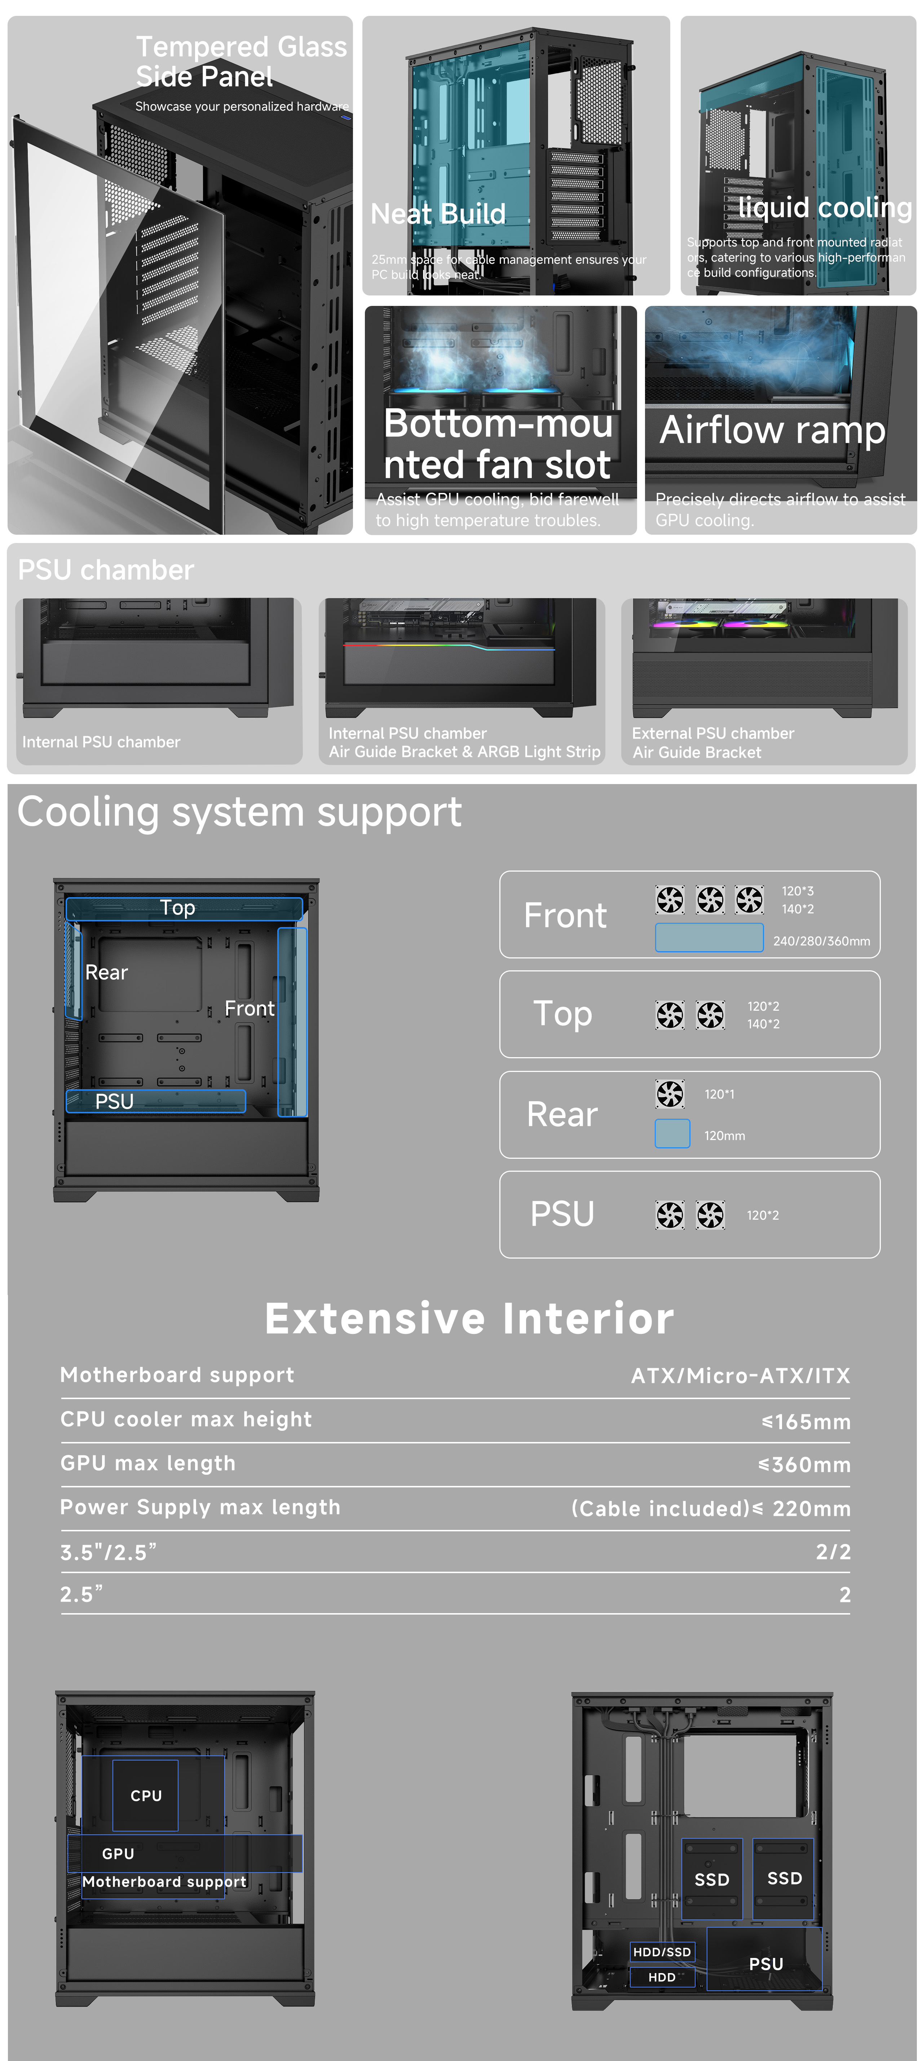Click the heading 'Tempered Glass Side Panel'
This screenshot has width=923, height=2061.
tap(240, 62)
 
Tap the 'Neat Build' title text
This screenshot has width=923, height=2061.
tap(438, 214)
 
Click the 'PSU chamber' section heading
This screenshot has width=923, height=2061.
tap(106, 570)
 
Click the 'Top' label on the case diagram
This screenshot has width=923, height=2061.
tap(178, 907)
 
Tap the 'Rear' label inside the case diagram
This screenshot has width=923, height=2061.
tap(106, 972)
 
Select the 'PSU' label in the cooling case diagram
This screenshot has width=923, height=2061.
tap(115, 1101)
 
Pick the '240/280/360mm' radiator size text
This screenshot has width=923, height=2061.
tap(821, 941)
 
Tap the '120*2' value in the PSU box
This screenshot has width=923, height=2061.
tap(762, 1215)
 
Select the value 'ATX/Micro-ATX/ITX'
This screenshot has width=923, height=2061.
tap(741, 1375)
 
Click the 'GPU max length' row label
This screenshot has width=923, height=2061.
tap(148, 1463)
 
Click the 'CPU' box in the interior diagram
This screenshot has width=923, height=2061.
tap(146, 1795)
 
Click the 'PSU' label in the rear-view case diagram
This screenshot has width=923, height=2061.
tap(765, 1963)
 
